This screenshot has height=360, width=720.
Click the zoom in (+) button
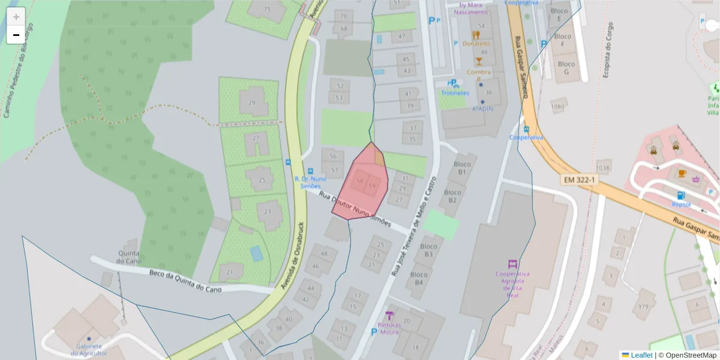click(16, 17)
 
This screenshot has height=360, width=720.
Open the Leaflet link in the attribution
click(641, 355)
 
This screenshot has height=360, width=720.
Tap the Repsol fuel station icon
click(680, 194)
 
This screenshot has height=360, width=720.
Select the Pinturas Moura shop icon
click(389, 316)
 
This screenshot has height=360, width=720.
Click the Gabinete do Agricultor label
click(89, 350)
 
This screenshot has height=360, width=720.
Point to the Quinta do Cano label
click(128, 257)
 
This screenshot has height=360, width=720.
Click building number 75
click(267, 10)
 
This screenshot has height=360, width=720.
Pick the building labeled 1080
click(558, 107)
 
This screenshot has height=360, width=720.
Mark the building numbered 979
click(644, 307)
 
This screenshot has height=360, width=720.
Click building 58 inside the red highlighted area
click(360, 180)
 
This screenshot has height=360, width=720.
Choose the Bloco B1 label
click(461, 168)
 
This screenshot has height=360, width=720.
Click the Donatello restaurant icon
click(476, 35)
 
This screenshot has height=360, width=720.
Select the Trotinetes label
click(455, 92)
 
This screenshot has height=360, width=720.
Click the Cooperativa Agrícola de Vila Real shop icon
click(512, 264)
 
